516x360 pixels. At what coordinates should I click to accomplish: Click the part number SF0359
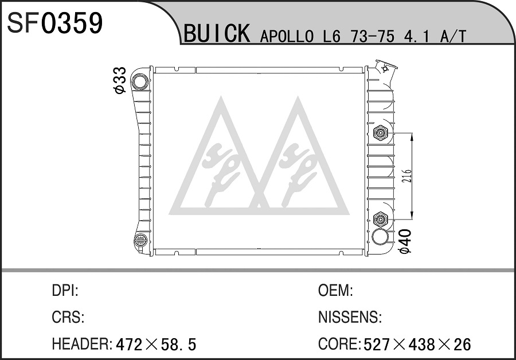pos(55,23)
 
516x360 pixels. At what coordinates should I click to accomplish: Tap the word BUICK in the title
pos(217,33)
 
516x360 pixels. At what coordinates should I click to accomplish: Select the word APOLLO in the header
pos(287,36)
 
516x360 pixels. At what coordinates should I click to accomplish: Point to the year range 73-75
pos(373,36)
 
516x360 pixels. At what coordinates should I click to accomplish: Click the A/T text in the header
pos(453,36)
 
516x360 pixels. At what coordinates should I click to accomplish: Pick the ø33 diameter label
pos(120,80)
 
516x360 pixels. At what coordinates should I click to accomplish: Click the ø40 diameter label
pos(405,241)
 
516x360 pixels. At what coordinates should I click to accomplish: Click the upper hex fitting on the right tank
pos(381,133)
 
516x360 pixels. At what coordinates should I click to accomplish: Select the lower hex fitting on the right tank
pos(381,219)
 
